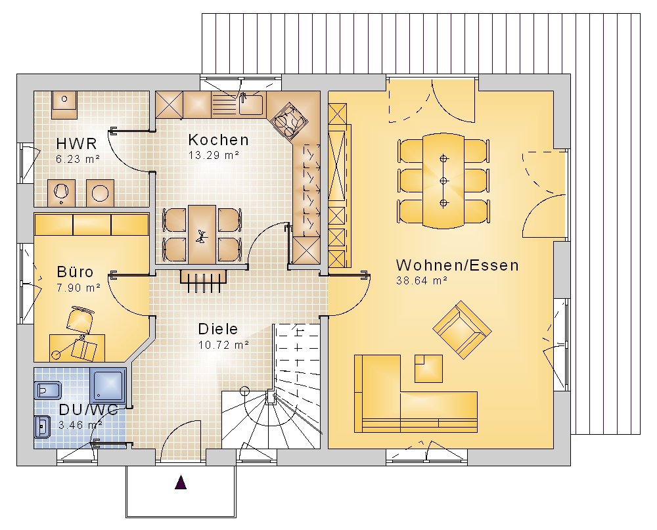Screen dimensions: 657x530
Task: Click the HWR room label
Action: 76,144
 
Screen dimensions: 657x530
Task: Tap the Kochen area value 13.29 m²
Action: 214,156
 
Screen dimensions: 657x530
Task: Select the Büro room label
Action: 75,272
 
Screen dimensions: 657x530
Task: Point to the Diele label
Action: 218,329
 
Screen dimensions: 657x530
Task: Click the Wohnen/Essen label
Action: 457,265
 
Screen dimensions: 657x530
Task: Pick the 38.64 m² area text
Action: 422,280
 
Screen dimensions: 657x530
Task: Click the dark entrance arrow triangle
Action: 181,482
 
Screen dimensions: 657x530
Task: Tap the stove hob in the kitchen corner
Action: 288,121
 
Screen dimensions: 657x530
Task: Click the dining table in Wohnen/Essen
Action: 443,181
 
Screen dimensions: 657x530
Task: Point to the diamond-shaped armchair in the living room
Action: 462,330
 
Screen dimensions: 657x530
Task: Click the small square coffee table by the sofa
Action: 428,368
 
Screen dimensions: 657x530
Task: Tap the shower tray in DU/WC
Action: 108,386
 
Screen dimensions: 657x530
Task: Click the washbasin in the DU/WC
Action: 42,427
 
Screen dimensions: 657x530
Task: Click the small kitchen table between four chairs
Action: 202,234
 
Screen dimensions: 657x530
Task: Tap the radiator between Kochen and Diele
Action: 204,281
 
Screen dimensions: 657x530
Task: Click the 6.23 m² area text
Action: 78,159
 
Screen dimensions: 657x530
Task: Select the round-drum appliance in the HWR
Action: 101,193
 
